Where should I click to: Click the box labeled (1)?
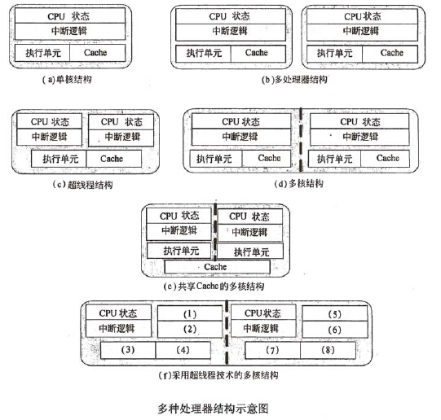pyautogui.click(x=190, y=313)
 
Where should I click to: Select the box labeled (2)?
pyautogui.click(x=190, y=329)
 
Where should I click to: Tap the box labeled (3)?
pyautogui.click(x=128, y=350)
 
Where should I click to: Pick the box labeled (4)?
pyautogui.click(x=183, y=350)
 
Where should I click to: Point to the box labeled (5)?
pyautogui.click(x=335, y=313)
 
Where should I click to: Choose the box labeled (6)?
pyautogui.click(x=335, y=329)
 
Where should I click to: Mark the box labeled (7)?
pyautogui.click(x=272, y=350)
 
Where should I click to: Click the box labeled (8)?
pyautogui.click(x=328, y=350)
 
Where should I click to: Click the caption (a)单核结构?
pyautogui.click(x=67, y=80)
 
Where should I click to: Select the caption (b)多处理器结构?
pyautogui.click(x=294, y=80)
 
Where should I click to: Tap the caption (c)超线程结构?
pyautogui.click(x=82, y=185)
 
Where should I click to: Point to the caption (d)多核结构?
pyautogui.click(x=298, y=184)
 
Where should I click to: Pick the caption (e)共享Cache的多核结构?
pyautogui.click(x=214, y=287)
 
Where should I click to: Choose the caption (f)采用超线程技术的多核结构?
pyautogui.click(x=218, y=375)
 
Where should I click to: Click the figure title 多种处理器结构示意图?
pyautogui.click(x=213, y=409)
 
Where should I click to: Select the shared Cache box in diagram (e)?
pyautogui.click(x=217, y=267)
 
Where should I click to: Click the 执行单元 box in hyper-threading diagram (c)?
pyautogui.click(x=59, y=159)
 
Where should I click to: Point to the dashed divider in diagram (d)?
pyautogui.click(x=301, y=139)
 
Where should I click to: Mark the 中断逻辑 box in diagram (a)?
pyautogui.click(x=70, y=31)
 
